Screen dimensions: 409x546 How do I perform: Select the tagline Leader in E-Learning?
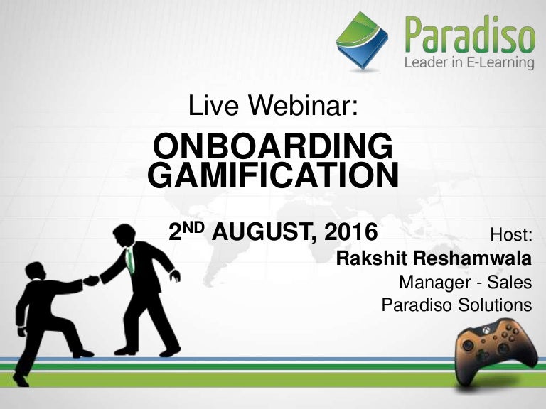click(469, 63)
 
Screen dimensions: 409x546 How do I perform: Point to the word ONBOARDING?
click(273, 148)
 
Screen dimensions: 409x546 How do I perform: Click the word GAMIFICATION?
click(273, 176)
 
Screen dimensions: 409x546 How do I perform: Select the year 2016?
click(353, 232)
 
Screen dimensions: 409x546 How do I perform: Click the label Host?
click(511, 234)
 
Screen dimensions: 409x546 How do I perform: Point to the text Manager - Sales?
click(465, 282)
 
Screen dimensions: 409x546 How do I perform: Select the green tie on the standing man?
click(129, 261)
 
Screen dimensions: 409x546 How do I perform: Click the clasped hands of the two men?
click(91, 280)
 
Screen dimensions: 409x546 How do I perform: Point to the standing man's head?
click(124, 234)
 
